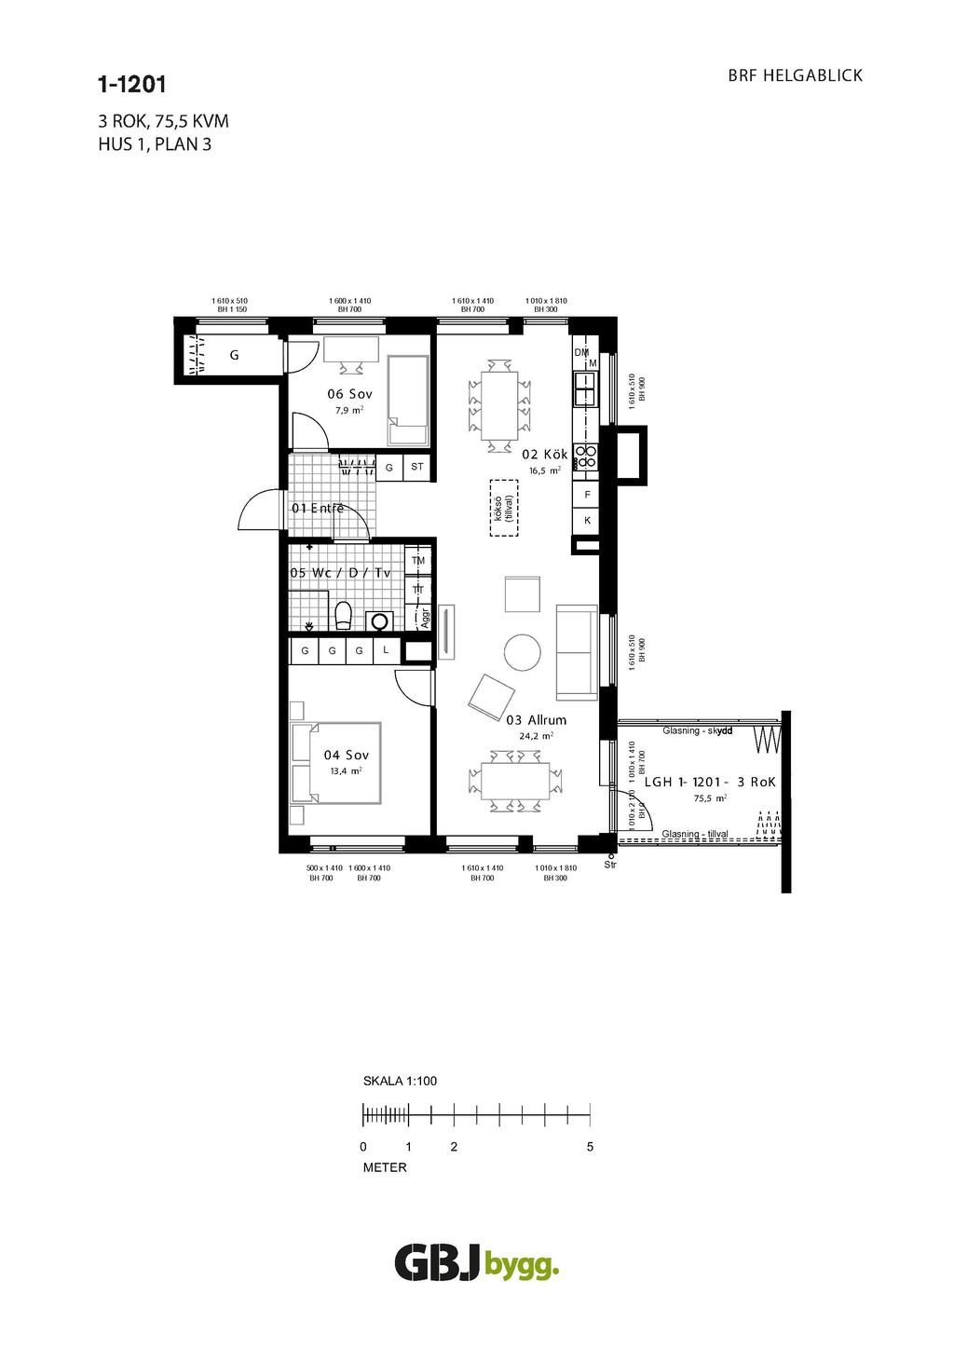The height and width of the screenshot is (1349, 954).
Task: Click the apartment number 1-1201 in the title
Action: point(131,85)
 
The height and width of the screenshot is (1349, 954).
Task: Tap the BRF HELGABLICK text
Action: point(795,75)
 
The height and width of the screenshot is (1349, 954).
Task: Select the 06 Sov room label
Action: point(349,394)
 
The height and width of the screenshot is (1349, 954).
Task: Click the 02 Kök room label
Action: point(544,455)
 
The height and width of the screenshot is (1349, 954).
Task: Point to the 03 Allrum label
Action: point(536,720)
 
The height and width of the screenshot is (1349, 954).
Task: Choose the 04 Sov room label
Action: point(346,755)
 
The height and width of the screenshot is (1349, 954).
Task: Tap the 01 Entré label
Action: point(318,509)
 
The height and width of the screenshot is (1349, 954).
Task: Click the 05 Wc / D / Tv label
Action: point(340,573)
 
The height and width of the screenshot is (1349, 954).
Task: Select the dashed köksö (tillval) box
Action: point(503,509)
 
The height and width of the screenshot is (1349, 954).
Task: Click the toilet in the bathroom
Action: point(342,616)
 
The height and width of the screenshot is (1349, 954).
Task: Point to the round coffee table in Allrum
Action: point(521,652)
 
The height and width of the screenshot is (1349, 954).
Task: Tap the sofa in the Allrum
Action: point(577,650)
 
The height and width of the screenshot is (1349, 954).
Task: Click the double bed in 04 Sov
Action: point(336,762)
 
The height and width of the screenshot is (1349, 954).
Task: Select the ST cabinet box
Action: point(416,467)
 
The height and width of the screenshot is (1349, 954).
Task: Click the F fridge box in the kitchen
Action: point(587,494)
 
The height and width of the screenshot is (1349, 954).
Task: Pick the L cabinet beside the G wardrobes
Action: point(386,650)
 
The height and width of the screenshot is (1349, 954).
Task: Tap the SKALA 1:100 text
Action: point(400,1082)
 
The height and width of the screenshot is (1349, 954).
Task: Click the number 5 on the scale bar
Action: point(590,1147)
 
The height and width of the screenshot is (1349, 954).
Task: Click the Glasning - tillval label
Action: point(695,834)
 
